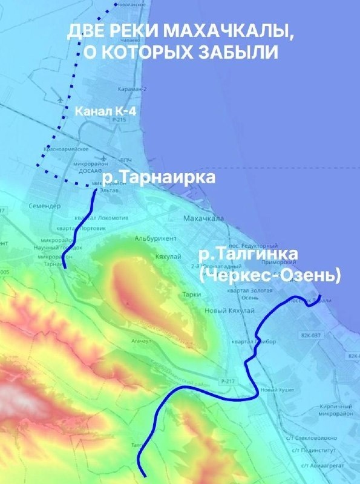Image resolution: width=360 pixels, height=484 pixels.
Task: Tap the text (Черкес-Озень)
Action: (269, 275)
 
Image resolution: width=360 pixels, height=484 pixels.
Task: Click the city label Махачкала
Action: (204, 218)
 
